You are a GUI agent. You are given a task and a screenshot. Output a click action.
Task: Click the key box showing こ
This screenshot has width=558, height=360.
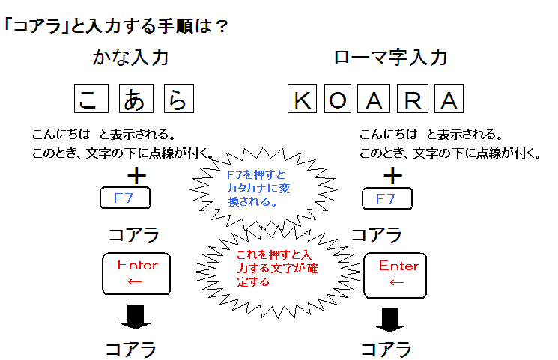coord(90,98)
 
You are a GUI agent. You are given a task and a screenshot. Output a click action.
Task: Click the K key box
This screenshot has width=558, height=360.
coord(303,99)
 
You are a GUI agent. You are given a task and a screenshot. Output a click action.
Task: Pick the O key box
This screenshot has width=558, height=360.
coord(339,99)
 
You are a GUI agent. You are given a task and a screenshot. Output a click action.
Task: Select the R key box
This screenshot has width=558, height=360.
coord(411,99)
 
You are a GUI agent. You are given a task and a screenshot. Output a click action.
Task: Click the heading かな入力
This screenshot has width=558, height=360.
coord(130,57)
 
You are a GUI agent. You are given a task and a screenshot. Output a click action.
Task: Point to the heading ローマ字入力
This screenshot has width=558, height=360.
coord(390,57)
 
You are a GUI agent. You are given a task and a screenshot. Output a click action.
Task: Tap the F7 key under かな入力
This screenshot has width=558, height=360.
coord(124,198)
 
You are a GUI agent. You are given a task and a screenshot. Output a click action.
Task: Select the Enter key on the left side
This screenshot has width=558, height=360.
coord(136,273)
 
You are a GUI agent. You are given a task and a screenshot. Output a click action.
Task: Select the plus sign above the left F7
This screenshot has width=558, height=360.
coord(136,176)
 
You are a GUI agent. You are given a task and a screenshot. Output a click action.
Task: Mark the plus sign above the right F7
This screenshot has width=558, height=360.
coord(392,176)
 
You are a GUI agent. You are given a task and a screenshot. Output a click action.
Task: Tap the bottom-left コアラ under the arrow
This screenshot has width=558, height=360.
coord(130,349)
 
